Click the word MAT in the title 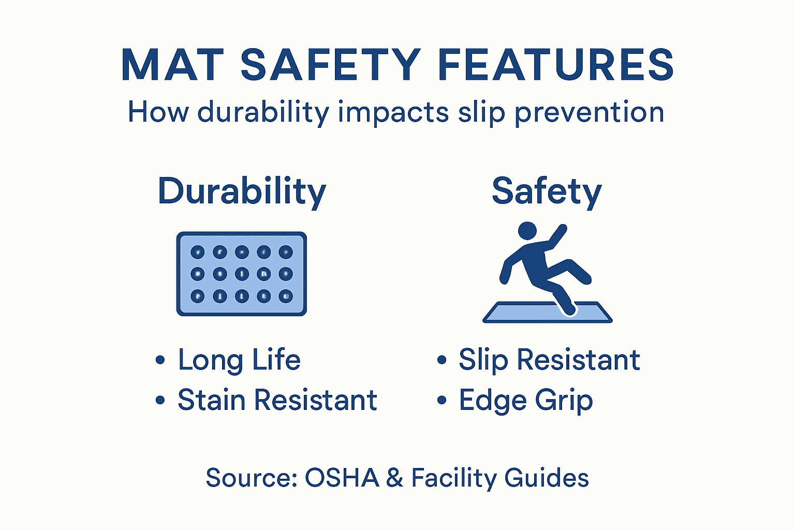click(x=172, y=65)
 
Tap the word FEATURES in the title click(x=556, y=65)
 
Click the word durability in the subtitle click(x=263, y=113)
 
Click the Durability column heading click(x=242, y=192)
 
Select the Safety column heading click(x=547, y=192)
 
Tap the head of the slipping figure click(x=527, y=231)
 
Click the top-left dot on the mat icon click(x=198, y=252)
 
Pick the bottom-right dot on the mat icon click(x=286, y=296)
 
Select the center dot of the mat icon click(x=242, y=274)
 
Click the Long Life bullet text click(x=239, y=360)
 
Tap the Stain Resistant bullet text click(x=277, y=400)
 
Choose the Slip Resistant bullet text click(x=549, y=360)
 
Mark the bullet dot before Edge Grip click(x=441, y=400)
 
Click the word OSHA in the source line click(x=342, y=478)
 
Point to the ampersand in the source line click(x=394, y=478)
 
